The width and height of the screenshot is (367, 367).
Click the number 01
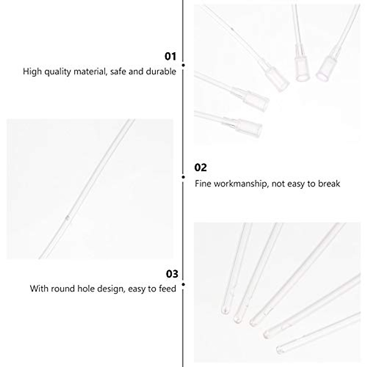[170, 57]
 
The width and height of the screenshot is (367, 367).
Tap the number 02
[201, 168]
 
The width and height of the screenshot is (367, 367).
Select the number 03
[172, 274]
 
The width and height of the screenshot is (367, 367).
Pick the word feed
[168, 288]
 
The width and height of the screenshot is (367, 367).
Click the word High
[32, 72]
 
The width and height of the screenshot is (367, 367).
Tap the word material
[91, 72]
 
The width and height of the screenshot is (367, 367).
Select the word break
[329, 184]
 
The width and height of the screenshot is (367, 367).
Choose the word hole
[84, 288]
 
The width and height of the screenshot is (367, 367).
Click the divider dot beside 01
[183, 65]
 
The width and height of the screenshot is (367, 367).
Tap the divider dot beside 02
[183, 177]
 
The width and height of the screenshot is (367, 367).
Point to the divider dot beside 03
[183, 284]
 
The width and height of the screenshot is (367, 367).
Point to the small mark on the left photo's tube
[68, 217]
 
